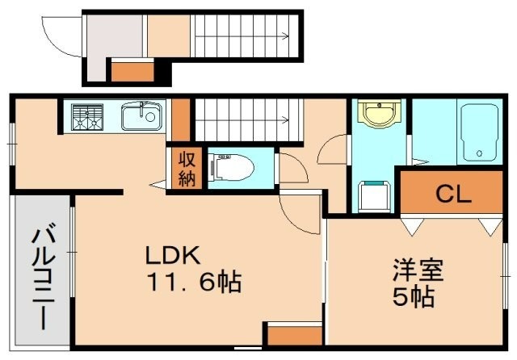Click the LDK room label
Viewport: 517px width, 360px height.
tap(172, 256)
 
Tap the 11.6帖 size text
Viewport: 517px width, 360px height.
tap(193, 283)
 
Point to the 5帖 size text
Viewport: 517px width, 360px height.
tap(414, 296)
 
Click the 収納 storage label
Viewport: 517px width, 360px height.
tap(187, 169)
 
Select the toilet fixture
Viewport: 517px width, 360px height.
tap(231, 169)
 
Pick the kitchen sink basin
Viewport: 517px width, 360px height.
tap(141, 119)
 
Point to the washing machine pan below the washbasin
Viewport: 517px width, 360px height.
tap(373, 196)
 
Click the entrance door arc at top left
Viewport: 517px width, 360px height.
tap(61, 34)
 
